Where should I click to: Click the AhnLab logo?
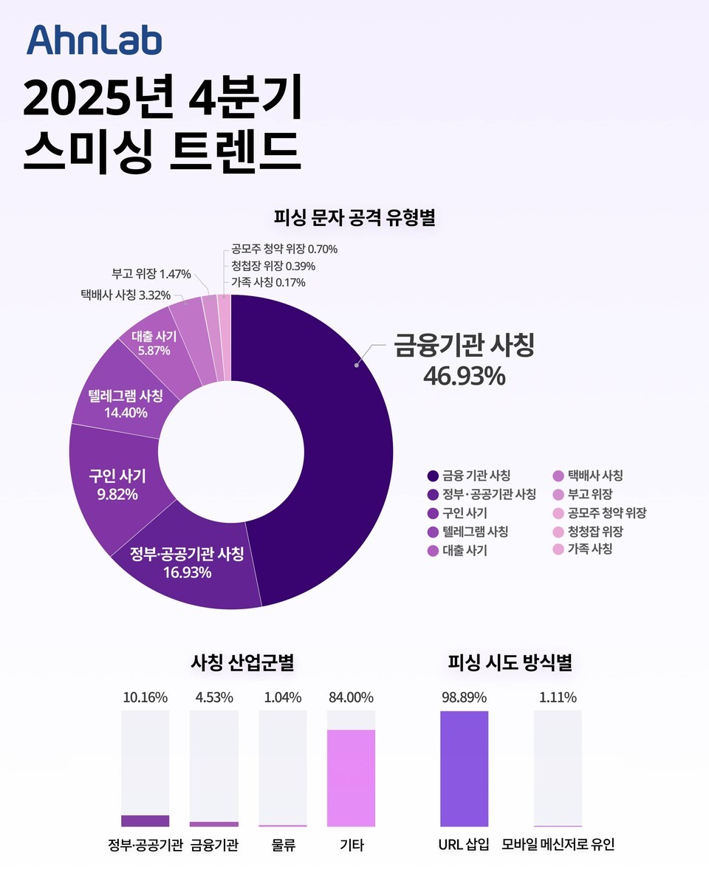point(94,40)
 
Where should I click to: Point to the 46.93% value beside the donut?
point(464,376)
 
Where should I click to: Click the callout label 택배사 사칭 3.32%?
point(126,295)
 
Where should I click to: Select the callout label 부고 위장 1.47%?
point(151,274)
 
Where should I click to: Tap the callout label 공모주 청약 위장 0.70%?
point(284,250)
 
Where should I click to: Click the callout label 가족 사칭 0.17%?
point(268,282)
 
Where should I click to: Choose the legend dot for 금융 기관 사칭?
point(433,476)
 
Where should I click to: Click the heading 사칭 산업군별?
point(243,662)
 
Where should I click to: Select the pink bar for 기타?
point(351,778)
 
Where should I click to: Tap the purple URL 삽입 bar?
point(464,768)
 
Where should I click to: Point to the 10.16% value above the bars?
point(145,697)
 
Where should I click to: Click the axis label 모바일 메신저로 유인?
point(558,845)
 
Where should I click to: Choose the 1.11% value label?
point(558,697)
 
